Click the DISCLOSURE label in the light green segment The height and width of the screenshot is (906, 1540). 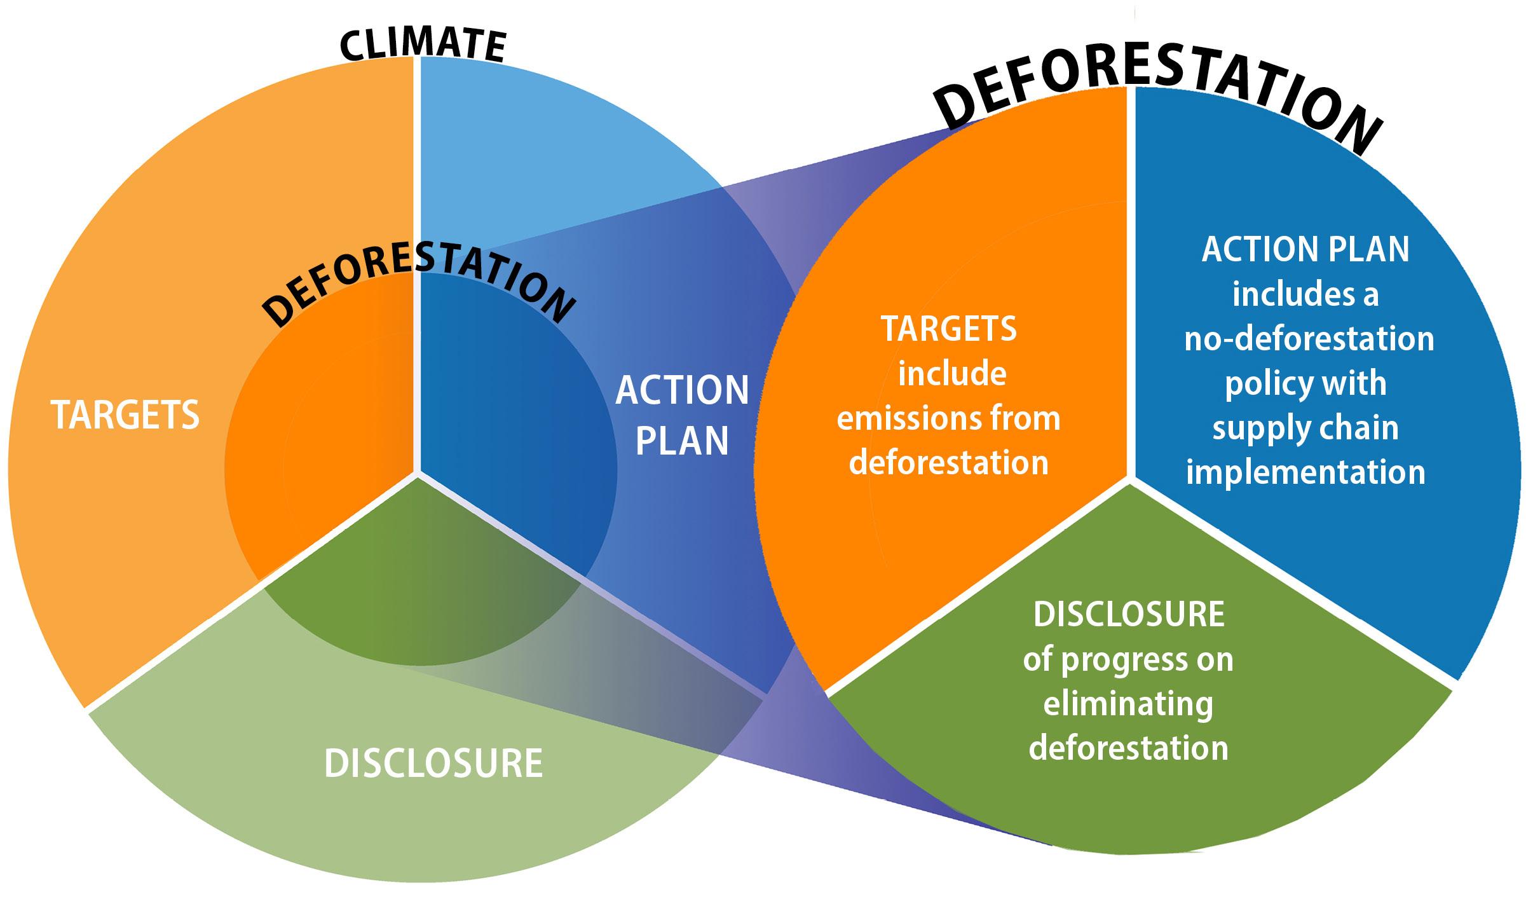click(x=433, y=763)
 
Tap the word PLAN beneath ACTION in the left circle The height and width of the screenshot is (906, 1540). click(x=682, y=440)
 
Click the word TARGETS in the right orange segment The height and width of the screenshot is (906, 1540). click(x=948, y=329)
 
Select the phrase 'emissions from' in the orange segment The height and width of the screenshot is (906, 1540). click(x=948, y=418)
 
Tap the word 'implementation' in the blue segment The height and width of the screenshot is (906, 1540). click(x=1305, y=472)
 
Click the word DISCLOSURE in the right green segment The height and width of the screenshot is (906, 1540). click(x=1129, y=614)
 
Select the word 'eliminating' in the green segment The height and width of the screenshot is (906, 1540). click(x=1128, y=703)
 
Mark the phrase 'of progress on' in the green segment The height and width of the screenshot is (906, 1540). click(x=1128, y=659)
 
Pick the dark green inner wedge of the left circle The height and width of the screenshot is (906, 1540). click(x=413, y=591)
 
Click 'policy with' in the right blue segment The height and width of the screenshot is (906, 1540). click(x=1305, y=383)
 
